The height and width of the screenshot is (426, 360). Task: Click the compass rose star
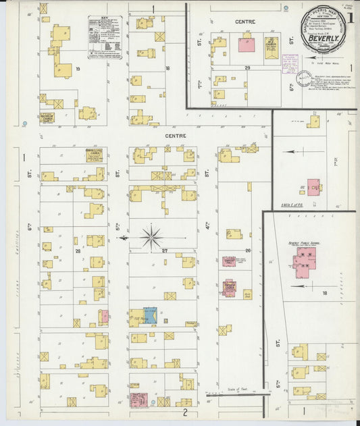point(151,237)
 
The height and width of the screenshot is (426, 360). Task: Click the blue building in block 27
point(150,315)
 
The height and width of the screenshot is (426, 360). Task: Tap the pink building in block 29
point(247,45)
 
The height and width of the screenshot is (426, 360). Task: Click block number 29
point(247,68)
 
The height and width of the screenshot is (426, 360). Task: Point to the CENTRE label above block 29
point(245,22)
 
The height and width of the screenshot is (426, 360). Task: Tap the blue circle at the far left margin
point(24,124)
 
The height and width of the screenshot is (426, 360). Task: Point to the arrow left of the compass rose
point(124,238)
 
